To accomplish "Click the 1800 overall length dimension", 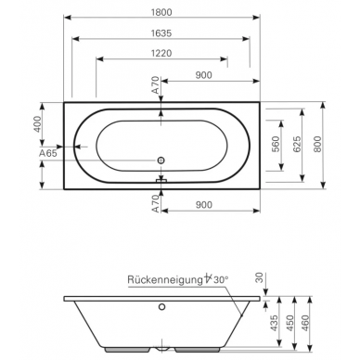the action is coord(161,12).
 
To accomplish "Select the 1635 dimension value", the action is coord(161,33).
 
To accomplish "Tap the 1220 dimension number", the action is coord(161,53).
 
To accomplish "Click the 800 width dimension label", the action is coord(317,144).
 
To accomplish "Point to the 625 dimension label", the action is coord(296,144).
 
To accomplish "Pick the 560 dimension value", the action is coord(276,144).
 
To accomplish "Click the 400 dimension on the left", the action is coord(37,124).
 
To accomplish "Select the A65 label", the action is coord(48,153).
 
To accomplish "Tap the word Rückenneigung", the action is coord(164,280).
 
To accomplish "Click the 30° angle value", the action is coord(221,280).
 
